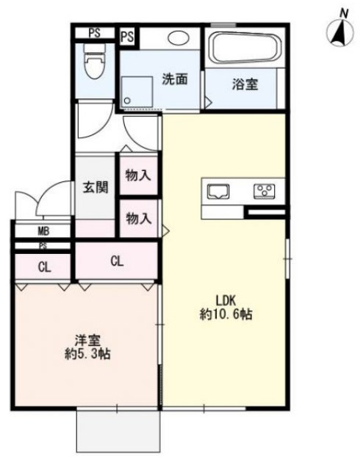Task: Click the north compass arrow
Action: pos(339,31)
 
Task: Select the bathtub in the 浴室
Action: pos(244,49)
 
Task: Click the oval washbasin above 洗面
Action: pos(179,38)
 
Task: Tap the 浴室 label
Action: pos(244,84)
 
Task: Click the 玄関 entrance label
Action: pos(95,186)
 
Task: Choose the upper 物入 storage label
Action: pos(138,175)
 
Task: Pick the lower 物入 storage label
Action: pos(138,218)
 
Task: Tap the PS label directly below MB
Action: pos(43,246)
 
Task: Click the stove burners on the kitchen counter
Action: pos(264,192)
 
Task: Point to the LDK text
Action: pos(226,300)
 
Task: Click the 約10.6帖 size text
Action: pos(226,315)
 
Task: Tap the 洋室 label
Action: pos(87,340)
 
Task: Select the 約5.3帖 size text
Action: pos(87,355)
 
